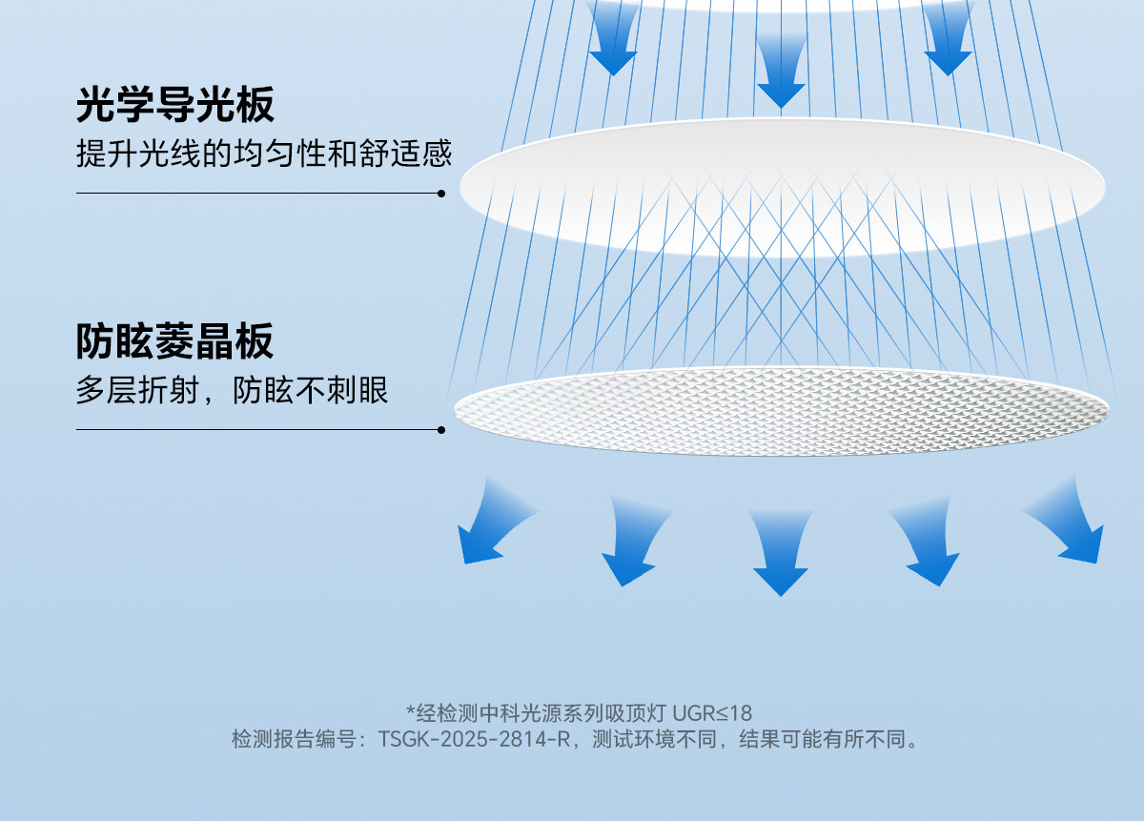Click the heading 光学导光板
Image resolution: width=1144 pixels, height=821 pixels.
point(175,105)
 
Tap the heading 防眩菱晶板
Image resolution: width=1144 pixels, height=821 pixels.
point(174,341)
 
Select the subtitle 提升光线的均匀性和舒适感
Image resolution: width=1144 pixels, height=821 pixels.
point(264,154)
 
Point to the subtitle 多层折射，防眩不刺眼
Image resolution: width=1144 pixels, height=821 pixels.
point(232,391)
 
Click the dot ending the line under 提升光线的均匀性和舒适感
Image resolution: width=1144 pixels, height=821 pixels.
point(441,194)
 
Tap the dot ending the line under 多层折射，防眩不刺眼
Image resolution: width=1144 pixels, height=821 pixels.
point(441,430)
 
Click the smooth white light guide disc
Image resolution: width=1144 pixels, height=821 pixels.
point(783,187)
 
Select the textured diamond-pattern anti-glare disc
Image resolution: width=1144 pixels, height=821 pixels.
point(782,411)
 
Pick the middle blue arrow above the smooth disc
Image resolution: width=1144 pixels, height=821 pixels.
point(781,72)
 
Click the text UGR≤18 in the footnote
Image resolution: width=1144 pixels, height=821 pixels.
point(712,713)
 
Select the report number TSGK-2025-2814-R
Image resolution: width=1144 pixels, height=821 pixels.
point(474,739)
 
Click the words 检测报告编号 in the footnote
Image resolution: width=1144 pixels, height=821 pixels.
point(294,739)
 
